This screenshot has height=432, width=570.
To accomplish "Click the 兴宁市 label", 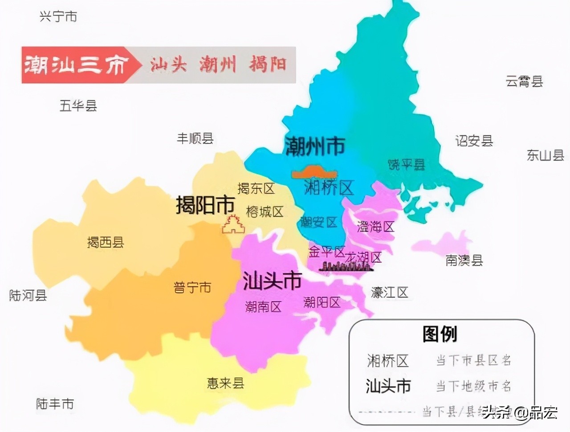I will point(58,17).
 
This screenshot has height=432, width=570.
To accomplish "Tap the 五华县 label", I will point(78,106).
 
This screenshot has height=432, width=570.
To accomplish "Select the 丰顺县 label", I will point(195,138).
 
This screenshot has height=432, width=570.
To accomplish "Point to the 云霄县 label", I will point(524,82).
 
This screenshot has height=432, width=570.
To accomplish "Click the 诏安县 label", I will point(474,141).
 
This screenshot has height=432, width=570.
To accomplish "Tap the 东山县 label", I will point(546,155).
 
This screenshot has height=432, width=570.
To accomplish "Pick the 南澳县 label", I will point(464,260).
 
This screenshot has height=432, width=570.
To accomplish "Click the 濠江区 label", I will point(389,293).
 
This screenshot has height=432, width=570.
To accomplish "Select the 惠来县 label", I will point(225,383).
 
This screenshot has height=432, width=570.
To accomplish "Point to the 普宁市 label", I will point(192,287).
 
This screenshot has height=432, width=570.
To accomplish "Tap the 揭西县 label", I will point(106,242).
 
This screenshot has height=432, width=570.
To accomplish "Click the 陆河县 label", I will point(28,295).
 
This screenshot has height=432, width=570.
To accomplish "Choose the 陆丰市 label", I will point(55,404).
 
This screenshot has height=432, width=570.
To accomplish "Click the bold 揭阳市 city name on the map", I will point(205,205).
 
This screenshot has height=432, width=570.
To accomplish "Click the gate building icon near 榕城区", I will point(234,224).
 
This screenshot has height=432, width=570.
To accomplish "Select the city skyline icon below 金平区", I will point(344,266).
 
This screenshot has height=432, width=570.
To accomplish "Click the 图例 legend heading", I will point(440,334).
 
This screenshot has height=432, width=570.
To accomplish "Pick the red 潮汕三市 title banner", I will point(76,65).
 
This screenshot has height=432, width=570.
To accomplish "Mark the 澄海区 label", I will point(375,227).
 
